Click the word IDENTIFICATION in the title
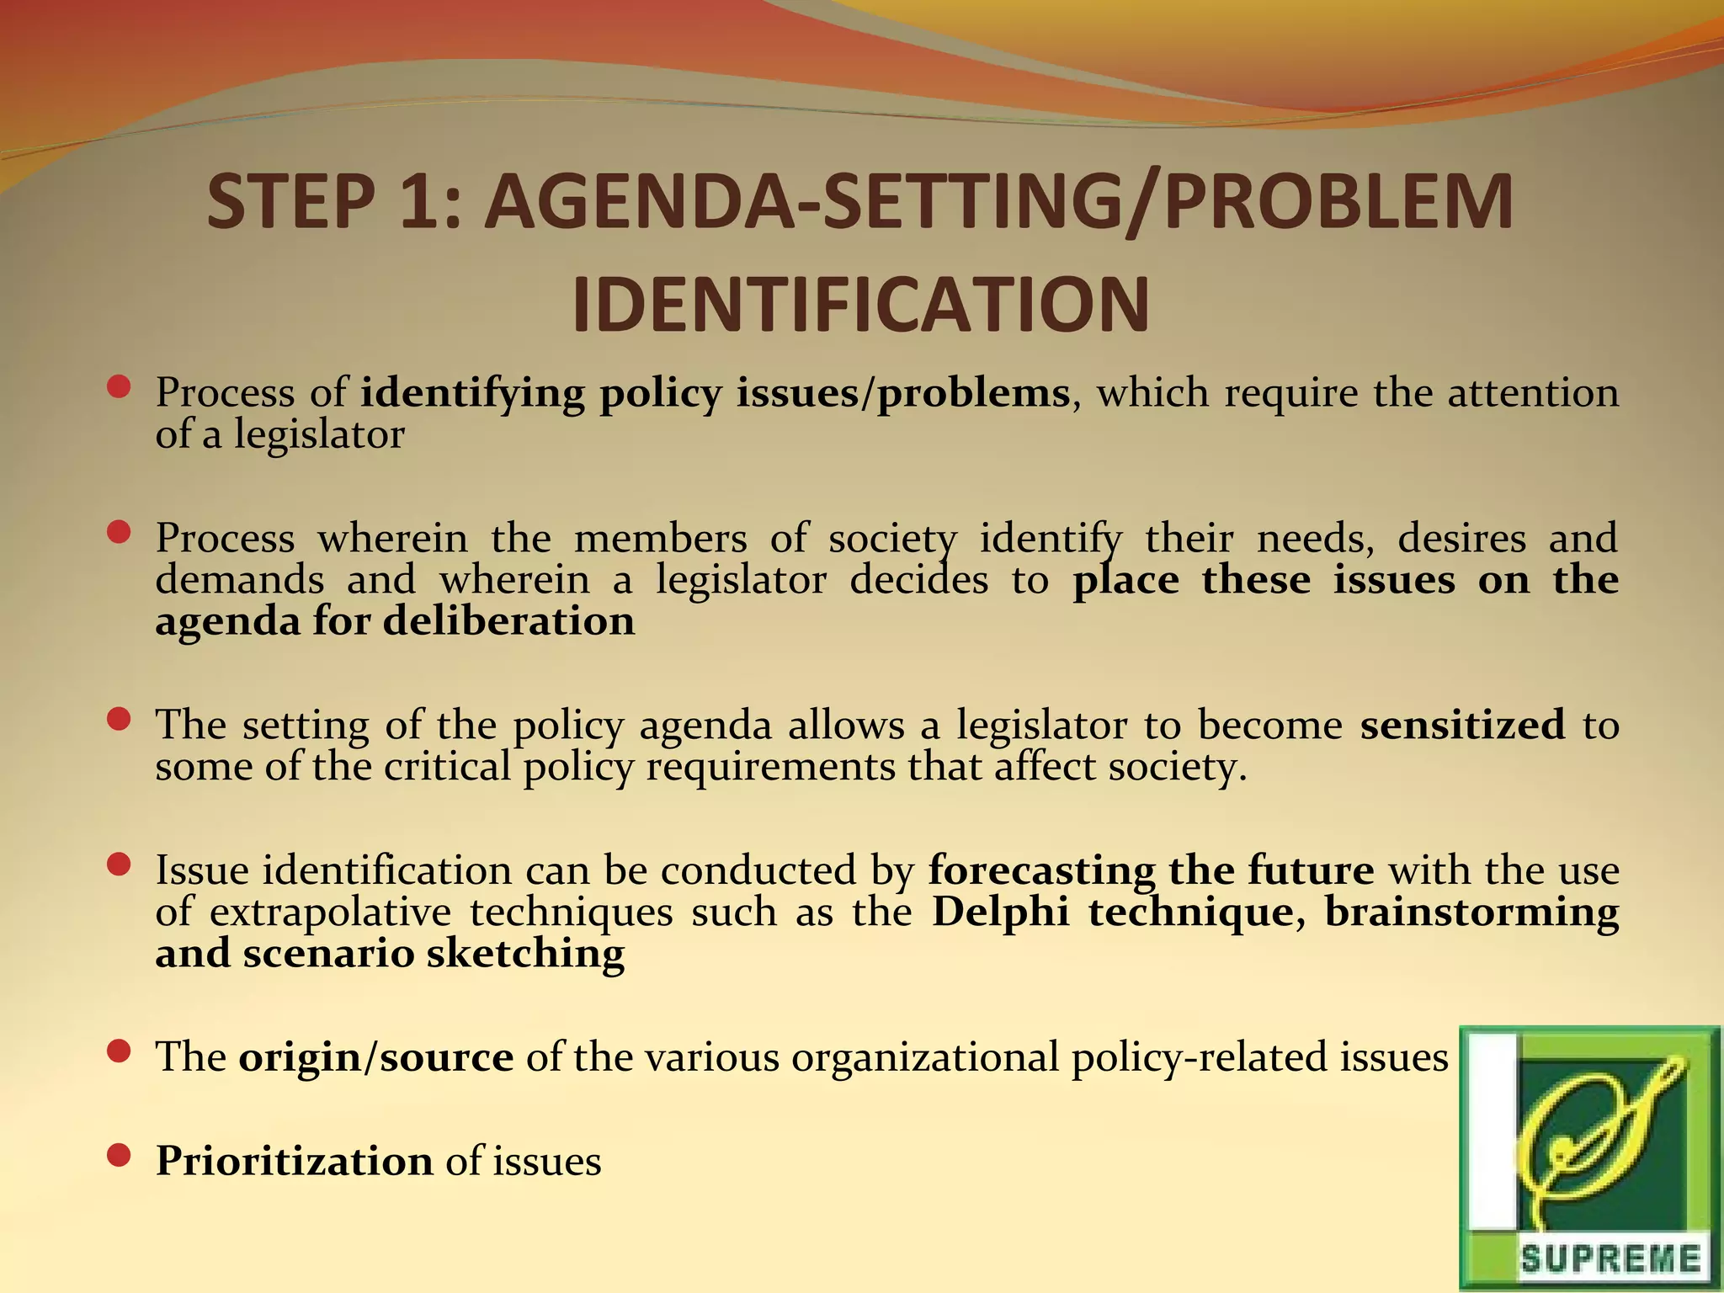(860, 305)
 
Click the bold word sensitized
(1462, 725)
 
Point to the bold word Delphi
(1001, 912)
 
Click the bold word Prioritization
(294, 1161)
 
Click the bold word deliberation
(508, 622)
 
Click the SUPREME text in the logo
(1610, 1259)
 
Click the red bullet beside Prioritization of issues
(120, 1155)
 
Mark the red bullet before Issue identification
(120, 865)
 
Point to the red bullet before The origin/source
(120, 1051)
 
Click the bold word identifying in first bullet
(472, 394)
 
